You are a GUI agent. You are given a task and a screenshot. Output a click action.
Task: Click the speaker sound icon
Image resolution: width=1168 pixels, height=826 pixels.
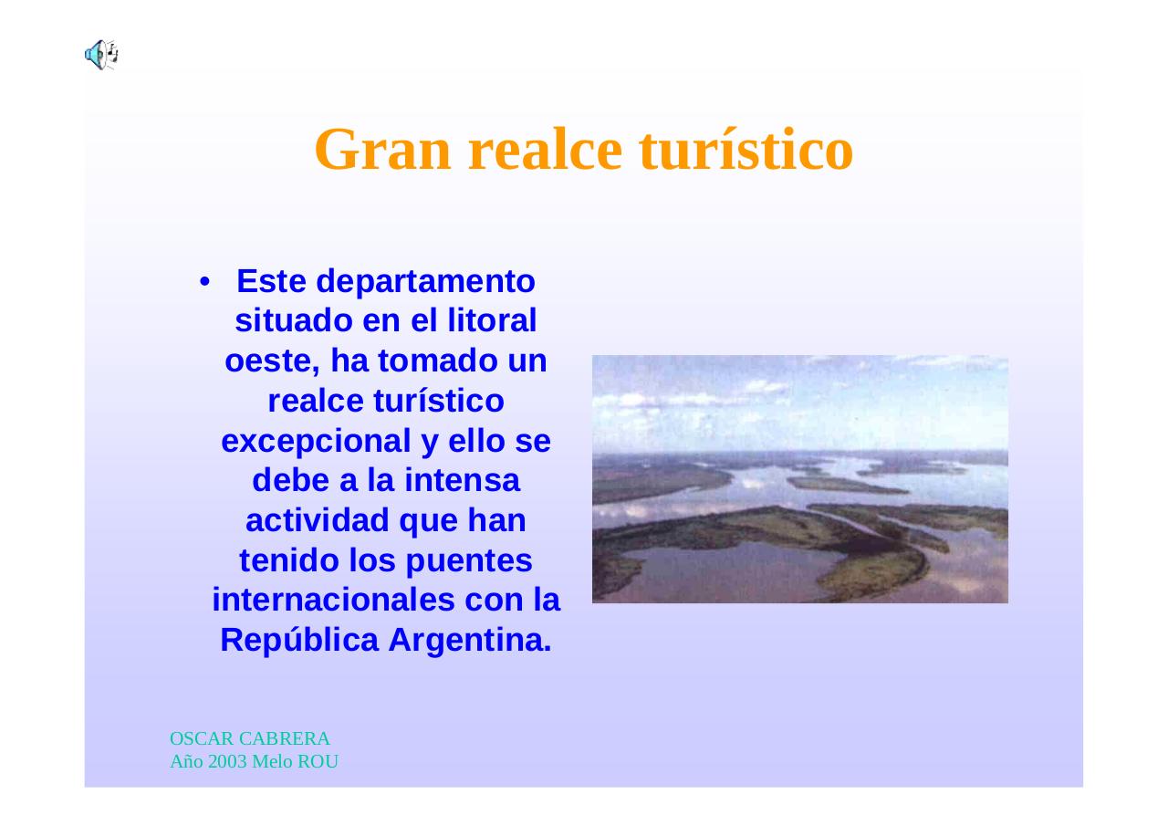pyautogui.click(x=101, y=55)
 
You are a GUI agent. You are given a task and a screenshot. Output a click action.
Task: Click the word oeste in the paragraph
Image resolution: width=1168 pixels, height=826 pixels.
pyautogui.click(x=271, y=361)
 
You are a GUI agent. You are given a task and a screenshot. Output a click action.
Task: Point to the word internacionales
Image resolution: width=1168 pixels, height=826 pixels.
pyautogui.click(x=333, y=601)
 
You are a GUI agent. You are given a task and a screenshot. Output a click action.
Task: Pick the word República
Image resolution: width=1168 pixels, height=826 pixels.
pyautogui.click(x=299, y=640)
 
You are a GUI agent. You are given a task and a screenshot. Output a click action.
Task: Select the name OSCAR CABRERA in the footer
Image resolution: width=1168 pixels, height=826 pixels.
pyautogui.click(x=249, y=738)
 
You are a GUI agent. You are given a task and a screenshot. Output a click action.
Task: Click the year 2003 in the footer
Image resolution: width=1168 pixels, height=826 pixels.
pyautogui.click(x=227, y=761)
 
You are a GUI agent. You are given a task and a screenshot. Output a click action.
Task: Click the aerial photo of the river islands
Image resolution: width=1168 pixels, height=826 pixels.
pyautogui.click(x=799, y=479)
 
